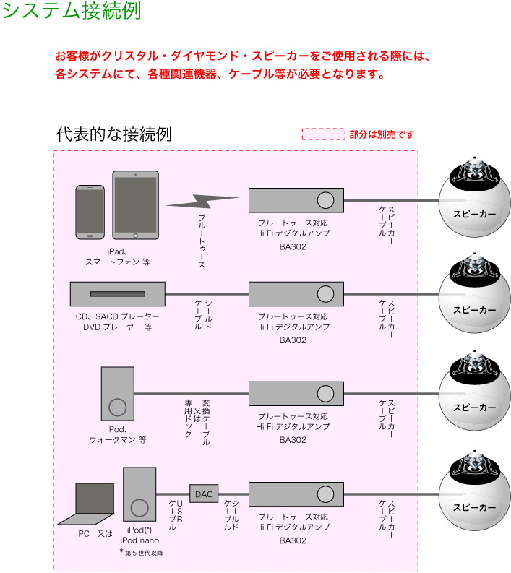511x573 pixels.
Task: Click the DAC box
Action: pos(204,494)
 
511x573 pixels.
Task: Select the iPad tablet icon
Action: pos(135,206)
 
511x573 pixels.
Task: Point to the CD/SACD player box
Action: pos(118,293)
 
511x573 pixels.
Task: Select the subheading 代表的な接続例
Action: pos(113,134)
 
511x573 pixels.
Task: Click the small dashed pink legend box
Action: pos(323,134)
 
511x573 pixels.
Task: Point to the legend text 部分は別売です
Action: pos(382,134)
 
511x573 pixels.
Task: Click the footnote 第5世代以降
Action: pos(143,553)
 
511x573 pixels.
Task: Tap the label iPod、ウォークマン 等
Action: pos(118,434)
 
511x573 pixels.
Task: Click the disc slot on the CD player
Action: pos(118,293)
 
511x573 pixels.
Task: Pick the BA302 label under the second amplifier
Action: pos(293,340)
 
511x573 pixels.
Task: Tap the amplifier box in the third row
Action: pos(296,394)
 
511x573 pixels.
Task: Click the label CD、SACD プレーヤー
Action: pos(118,316)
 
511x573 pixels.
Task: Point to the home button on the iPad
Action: pos(135,236)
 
